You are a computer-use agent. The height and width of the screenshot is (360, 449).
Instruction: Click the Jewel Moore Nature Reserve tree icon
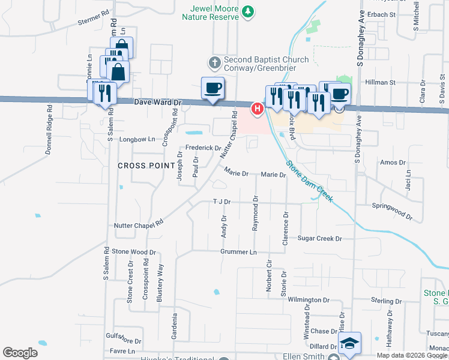tap(247, 11)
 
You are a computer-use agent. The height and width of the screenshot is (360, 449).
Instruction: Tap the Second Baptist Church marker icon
tap(214, 62)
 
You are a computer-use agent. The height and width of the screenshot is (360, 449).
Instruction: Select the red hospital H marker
tap(257, 109)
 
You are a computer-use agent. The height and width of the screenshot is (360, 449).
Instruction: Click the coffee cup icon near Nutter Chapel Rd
tap(213, 89)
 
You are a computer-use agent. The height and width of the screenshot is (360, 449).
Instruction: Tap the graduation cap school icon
tap(349, 343)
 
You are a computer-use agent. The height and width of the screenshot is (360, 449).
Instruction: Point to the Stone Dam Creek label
tap(309, 181)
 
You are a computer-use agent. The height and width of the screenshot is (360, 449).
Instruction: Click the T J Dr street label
tap(221, 202)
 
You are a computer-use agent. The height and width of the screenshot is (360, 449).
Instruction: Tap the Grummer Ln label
tap(238, 252)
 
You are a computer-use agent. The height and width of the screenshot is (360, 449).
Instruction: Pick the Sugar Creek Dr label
tap(319, 238)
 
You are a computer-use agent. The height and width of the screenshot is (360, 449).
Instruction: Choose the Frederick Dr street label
tap(203, 148)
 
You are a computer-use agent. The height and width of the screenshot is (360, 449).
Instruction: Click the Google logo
tap(20, 353)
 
